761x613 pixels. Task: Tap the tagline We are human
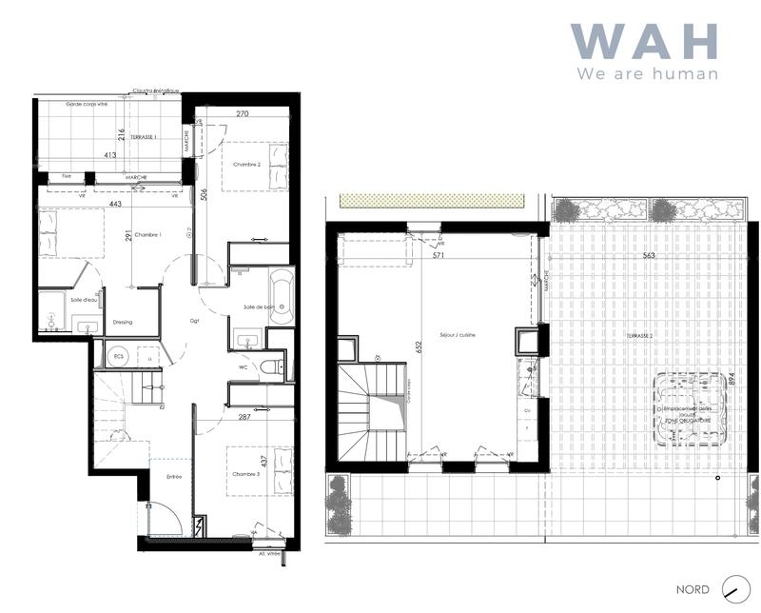tap(647, 73)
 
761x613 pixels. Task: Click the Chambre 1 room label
tap(147, 235)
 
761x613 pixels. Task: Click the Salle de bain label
tap(258, 306)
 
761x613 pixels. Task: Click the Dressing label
tap(122, 322)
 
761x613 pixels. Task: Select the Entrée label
tap(174, 475)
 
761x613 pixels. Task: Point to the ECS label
tap(119, 357)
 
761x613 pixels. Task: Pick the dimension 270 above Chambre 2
tap(242, 113)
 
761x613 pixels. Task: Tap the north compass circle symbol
tap(732, 588)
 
